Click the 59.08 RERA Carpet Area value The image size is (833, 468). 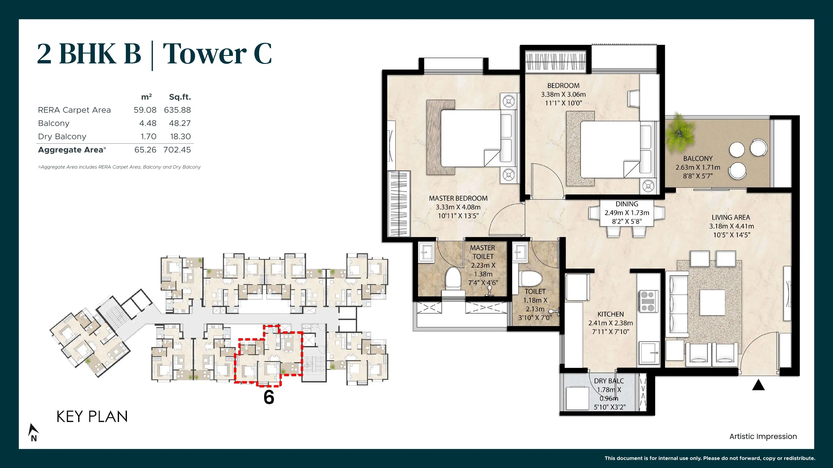[145, 110]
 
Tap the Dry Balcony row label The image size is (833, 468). [62, 137]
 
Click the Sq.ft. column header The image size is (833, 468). [180, 97]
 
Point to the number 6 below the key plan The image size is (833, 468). [269, 397]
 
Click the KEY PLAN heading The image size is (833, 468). [92, 417]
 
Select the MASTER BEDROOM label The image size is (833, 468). [458, 198]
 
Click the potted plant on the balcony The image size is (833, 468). [680, 133]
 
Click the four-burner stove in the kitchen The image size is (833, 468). [648, 301]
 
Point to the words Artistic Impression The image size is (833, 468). [763, 436]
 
